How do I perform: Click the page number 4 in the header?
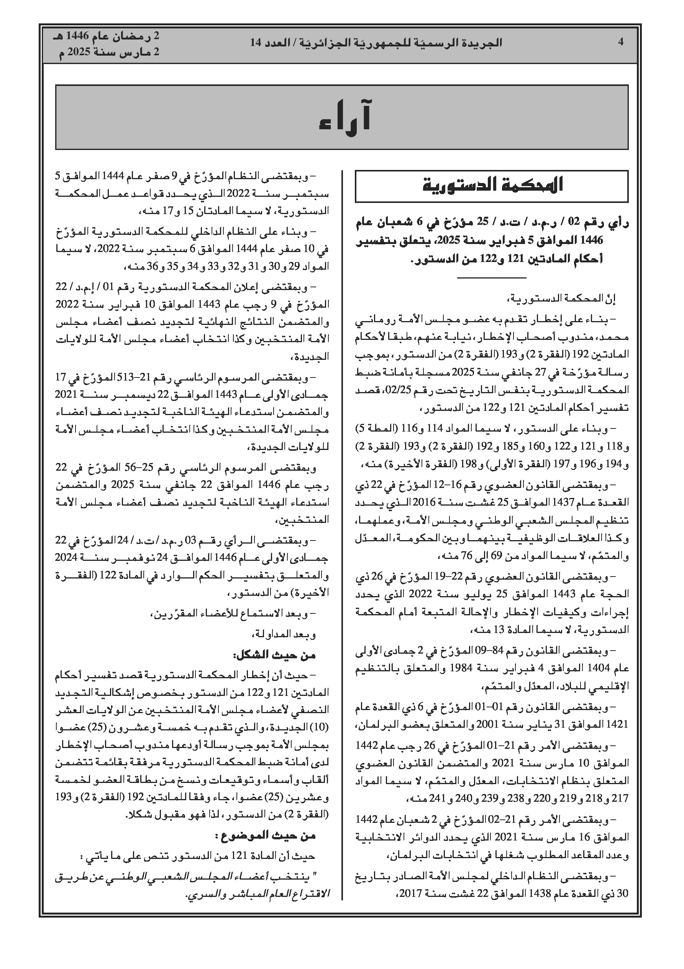(620, 42)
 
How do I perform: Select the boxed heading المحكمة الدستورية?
(492, 186)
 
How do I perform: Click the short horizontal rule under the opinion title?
(492, 277)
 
